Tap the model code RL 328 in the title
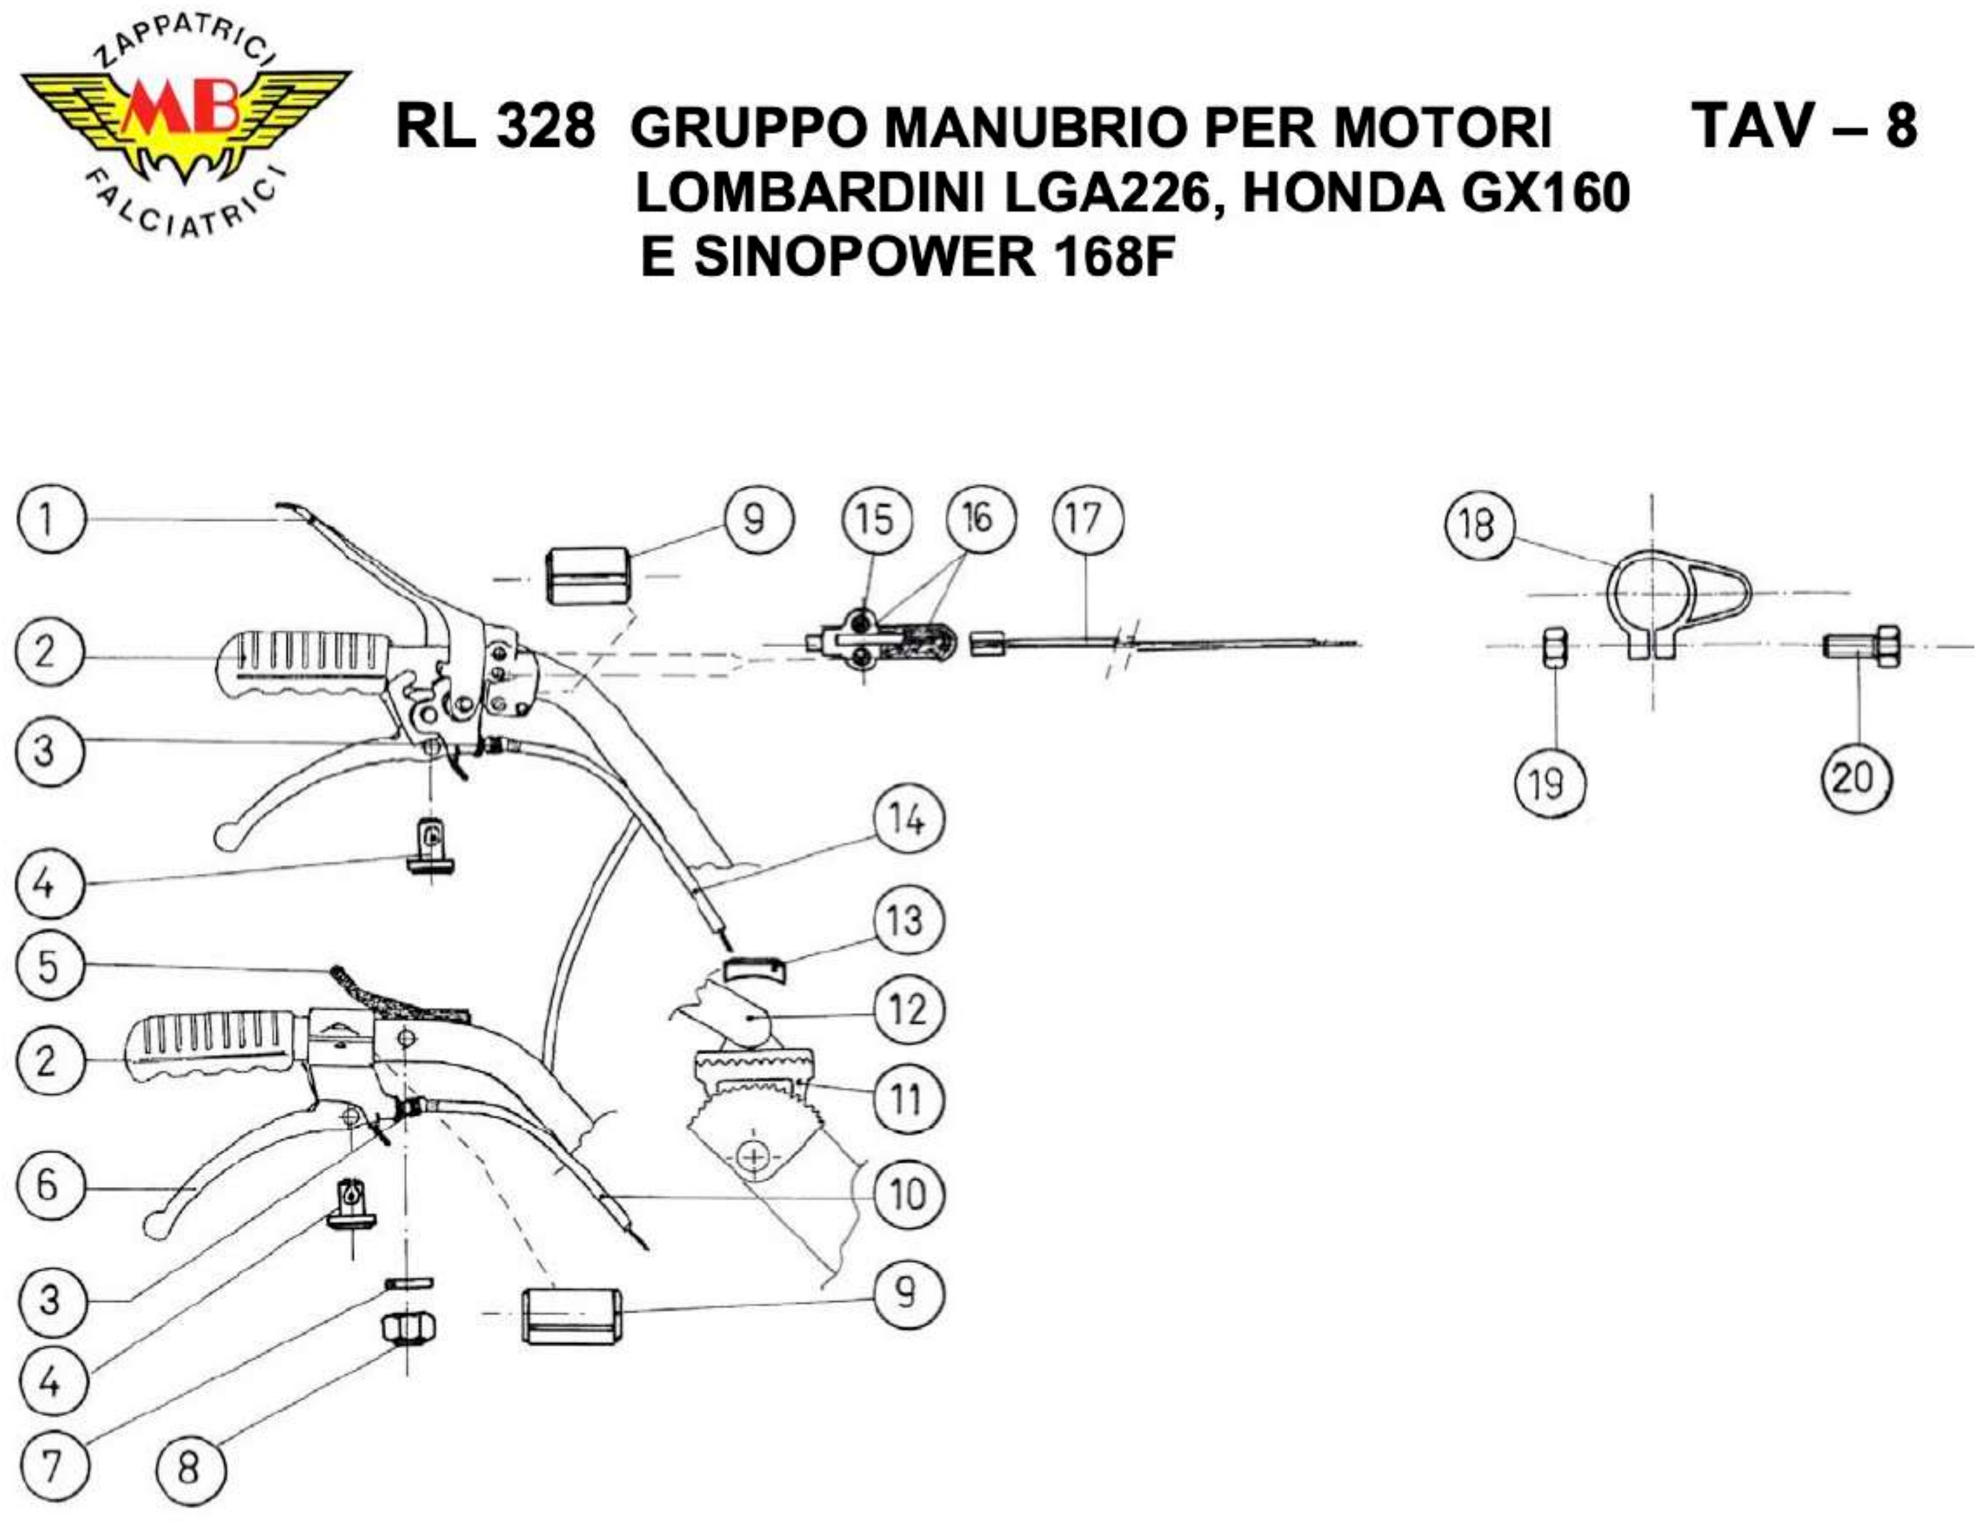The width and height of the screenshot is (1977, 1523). (495, 127)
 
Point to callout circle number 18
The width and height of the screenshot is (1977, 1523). (1479, 524)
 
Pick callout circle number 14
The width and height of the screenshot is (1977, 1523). (907, 821)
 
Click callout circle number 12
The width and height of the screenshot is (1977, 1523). (908, 1008)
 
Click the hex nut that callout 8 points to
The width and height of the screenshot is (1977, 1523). (408, 1329)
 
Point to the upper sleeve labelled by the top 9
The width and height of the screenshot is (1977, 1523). (587, 576)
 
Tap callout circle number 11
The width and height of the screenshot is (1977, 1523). (907, 1099)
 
